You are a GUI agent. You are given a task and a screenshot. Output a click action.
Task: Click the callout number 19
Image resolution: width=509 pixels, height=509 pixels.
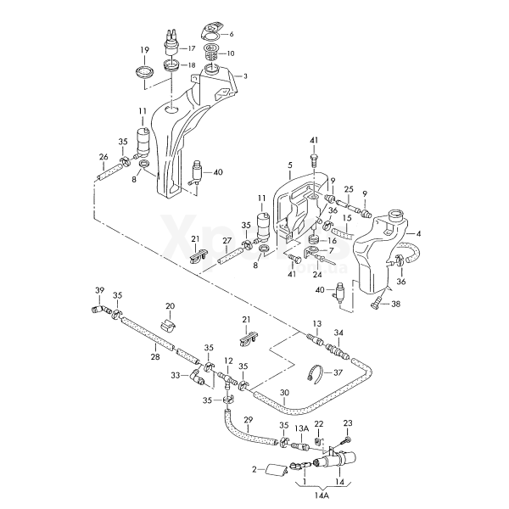[x=144, y=50]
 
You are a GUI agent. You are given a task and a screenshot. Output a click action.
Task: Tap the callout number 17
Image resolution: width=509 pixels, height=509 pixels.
[x=191, y=49]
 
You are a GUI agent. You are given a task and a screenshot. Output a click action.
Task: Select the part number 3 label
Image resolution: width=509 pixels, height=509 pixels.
[x=245, y=76]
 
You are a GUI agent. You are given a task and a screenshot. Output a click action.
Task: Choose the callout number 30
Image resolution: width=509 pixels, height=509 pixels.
[x=284, y=392]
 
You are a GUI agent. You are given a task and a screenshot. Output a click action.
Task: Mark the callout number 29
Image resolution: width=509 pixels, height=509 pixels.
[x=248, y=421]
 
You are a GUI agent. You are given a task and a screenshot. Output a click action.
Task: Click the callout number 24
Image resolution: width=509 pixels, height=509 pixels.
[x=316, y=275]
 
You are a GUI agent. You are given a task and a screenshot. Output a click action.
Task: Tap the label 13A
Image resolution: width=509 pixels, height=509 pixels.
[x=302, y=429]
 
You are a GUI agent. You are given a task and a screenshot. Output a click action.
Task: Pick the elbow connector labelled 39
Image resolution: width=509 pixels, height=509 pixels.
[x=98, y=311]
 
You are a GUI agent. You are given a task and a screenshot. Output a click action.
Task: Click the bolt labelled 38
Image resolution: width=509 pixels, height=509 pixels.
[x=375, y=304]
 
